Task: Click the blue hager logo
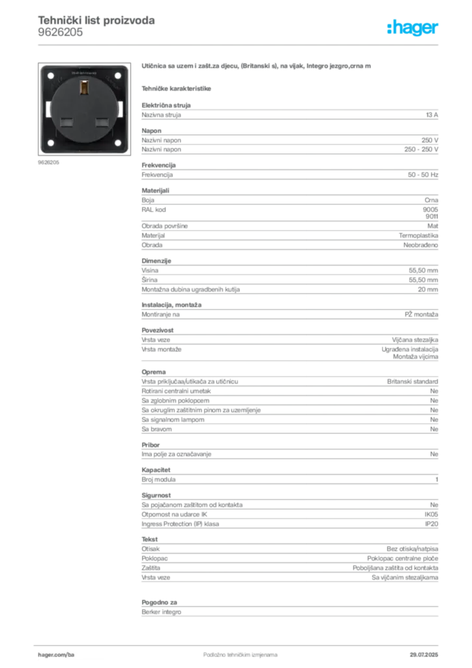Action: coord(413,29)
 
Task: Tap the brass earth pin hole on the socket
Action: coord(83,86)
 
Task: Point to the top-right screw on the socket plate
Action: coord(118,76)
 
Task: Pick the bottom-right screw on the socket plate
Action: coord(118,142)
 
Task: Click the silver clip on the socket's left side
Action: coord(48,108)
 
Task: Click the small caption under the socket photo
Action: coord(50,162)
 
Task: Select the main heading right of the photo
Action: coord(258,67)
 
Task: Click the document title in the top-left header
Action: coord(96,21)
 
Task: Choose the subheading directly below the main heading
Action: coord(177,87)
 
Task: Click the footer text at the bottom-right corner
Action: coord(427,650)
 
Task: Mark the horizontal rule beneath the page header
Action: coord(240,44)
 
